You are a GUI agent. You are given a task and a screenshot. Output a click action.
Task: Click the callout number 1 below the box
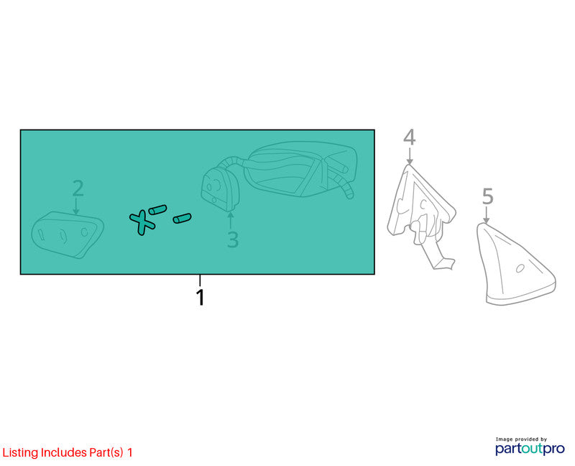tap(201, 297)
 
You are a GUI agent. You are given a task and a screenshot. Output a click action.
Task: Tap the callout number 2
tap(78, 188)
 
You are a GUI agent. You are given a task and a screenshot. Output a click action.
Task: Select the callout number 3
tap(233, 239)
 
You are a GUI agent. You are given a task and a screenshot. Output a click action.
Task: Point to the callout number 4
tap(410, 137)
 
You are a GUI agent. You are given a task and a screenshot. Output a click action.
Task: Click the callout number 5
tap(487, 196)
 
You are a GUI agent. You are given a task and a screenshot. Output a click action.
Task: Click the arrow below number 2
tap(76, 206)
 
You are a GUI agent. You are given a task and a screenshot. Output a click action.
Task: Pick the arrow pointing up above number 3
tap(230, 220)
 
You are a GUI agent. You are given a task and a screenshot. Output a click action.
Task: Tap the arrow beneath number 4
tap(410, 155)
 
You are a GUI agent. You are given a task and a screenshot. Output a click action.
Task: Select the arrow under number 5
tap(487, 214)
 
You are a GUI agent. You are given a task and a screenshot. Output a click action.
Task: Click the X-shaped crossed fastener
tap(142, 221)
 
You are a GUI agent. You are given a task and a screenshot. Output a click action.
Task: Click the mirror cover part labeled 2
tap(67, 235)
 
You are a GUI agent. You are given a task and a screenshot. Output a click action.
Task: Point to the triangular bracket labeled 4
tap(422, 216)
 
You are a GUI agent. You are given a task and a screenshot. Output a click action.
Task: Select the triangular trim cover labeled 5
tap(515, 264)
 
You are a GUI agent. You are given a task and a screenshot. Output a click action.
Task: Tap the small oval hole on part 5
tap(520, 268)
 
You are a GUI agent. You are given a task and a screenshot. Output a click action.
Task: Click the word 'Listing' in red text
tap(20, 453)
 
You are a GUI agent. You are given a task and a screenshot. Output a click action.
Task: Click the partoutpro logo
tap(530, 449)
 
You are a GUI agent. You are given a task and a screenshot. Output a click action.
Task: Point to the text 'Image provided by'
tap(521, 439)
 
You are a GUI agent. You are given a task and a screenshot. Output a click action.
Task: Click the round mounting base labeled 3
tap(220, 189)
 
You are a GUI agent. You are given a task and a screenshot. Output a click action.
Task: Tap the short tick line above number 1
tap(200, 280)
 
